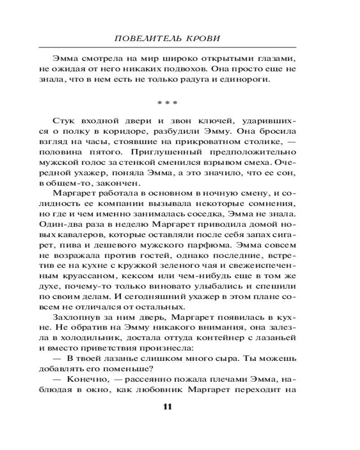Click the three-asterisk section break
[167, 103]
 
